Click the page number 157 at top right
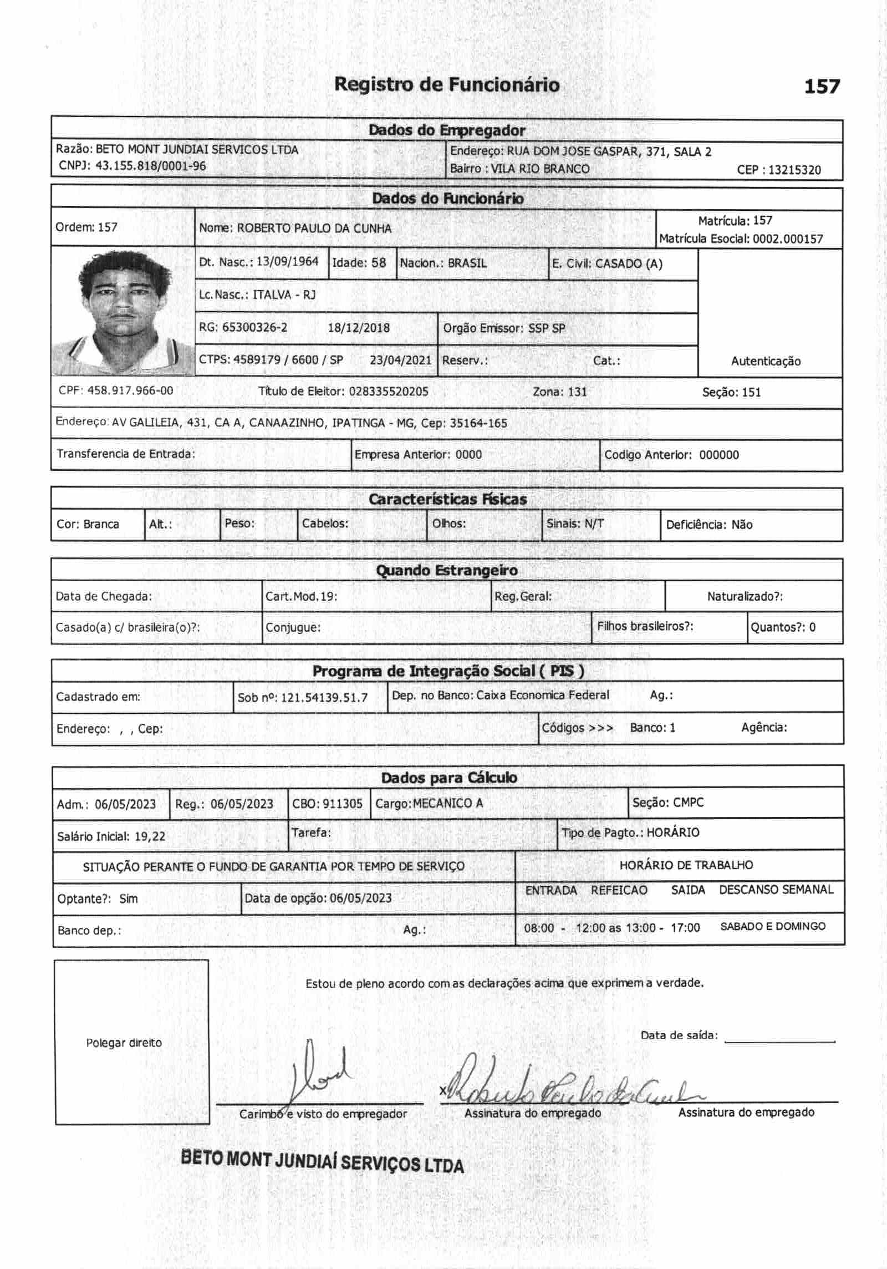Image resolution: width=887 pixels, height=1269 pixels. tap(822, 87)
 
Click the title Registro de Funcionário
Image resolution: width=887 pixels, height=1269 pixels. tap(447, 85)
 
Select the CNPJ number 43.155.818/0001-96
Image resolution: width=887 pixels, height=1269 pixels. tap(150, 166)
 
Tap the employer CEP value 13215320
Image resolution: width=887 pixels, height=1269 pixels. tap(794, 170)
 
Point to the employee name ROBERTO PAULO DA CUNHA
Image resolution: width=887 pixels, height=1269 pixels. tap(314, 229)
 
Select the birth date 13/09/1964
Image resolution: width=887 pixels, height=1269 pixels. tap(287, 262)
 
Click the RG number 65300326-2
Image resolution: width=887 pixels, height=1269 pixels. tap(254, 327)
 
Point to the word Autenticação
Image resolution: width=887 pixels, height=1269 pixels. tap(765, 361)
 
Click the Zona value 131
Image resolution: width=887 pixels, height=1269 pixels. tap(577, 392)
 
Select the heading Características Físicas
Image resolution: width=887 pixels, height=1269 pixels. tap(447, 499)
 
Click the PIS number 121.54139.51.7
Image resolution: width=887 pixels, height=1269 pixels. tap(324, 698)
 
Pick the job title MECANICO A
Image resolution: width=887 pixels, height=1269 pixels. tap(448, 803)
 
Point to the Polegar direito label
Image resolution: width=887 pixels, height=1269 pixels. tap(124, 1043)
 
